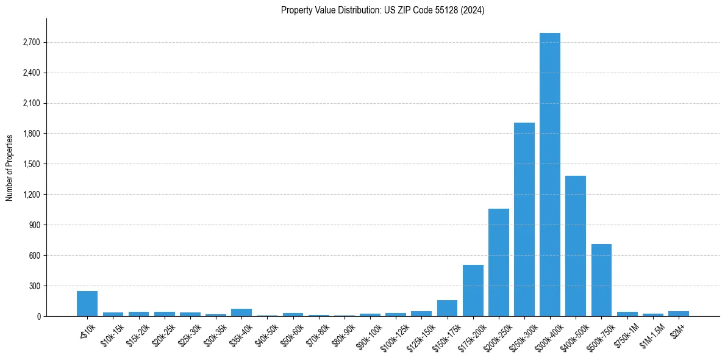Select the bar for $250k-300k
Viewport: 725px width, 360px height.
tap(524, 220)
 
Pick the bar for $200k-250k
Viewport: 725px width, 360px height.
tap(498, 262)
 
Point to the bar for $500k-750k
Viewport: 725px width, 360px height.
tap(601, 280)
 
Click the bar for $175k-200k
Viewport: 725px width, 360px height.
tap(473, 290)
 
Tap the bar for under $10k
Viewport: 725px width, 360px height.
tap(87, 304)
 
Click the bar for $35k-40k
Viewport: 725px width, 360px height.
tap(241, 312)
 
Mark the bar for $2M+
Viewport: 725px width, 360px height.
tap(678, 314)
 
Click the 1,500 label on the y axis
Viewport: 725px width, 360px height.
tap(32, 164)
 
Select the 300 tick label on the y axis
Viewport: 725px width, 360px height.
tap(35, 286)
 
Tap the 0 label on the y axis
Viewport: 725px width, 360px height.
tap(39, 316)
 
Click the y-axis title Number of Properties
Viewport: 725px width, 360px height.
tap(10, 167)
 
